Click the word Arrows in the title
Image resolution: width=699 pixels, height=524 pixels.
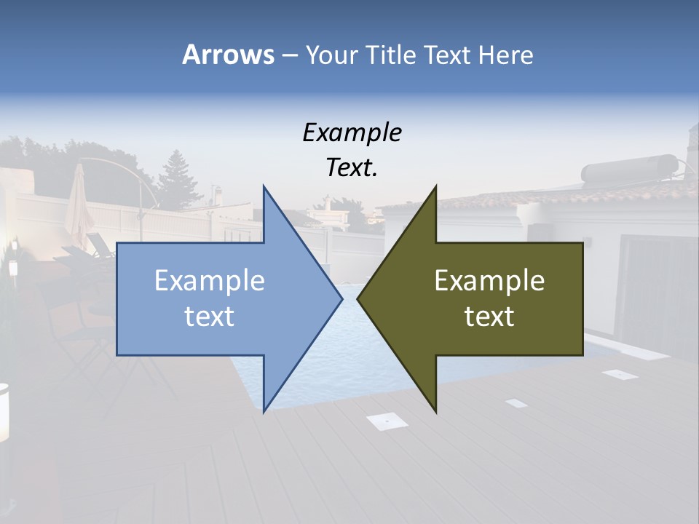[x=228, y=55]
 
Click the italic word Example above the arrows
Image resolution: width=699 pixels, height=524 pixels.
[x=352, y=133]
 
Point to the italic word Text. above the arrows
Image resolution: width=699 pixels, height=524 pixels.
[x=352, y=168]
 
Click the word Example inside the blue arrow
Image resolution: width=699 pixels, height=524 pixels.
[x=210, y=281]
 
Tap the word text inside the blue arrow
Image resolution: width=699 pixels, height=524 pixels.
[x=210, y=317]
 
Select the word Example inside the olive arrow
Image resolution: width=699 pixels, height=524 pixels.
[x=489, y=281]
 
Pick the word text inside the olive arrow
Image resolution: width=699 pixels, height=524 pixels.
[x=489, y=317]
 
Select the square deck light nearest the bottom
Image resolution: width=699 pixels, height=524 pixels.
[x=387, y=421]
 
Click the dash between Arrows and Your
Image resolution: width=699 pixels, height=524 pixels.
[x=289, y=55]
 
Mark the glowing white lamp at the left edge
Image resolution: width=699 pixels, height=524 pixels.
[x=3, y=411]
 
